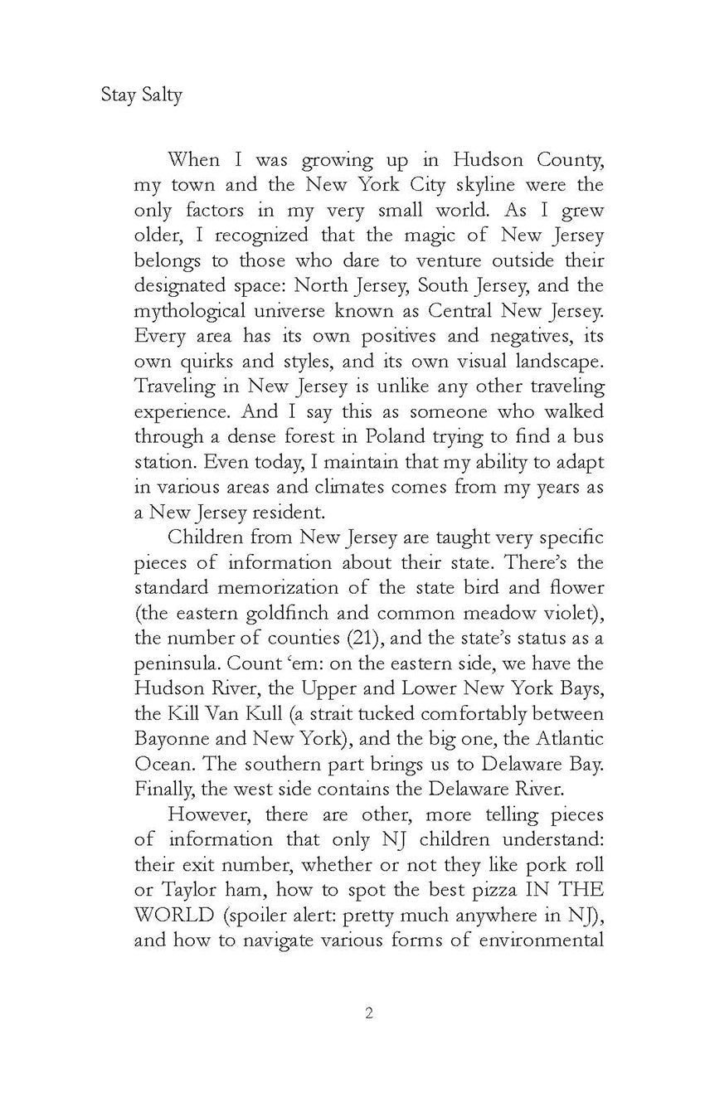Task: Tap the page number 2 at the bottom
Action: point(368,1037)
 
